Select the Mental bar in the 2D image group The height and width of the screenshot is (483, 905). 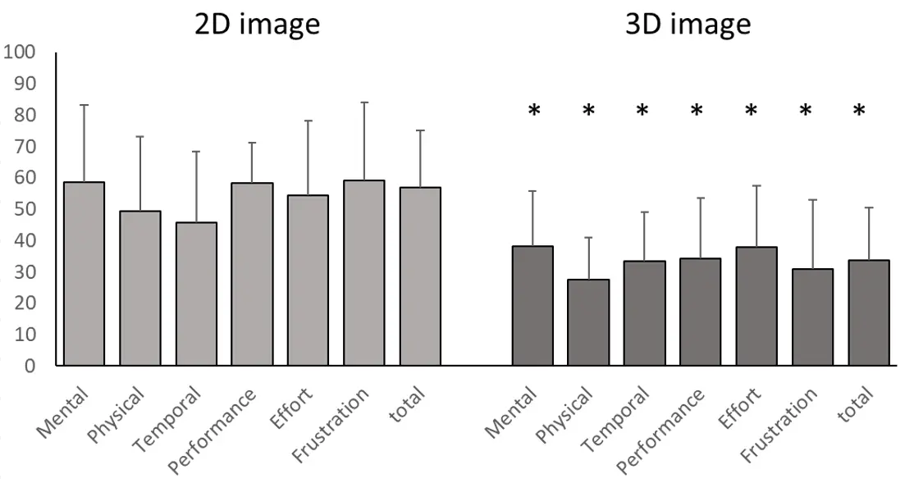(x=84, y=274)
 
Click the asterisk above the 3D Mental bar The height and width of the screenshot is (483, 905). (x=534, y=111)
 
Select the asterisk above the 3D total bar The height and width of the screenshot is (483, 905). (x=859, y=111)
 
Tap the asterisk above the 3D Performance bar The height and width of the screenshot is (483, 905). (x=697, y=111)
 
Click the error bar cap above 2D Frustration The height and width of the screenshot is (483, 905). (x=363, y=103)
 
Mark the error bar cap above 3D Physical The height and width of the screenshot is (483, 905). (x=587, y=238)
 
